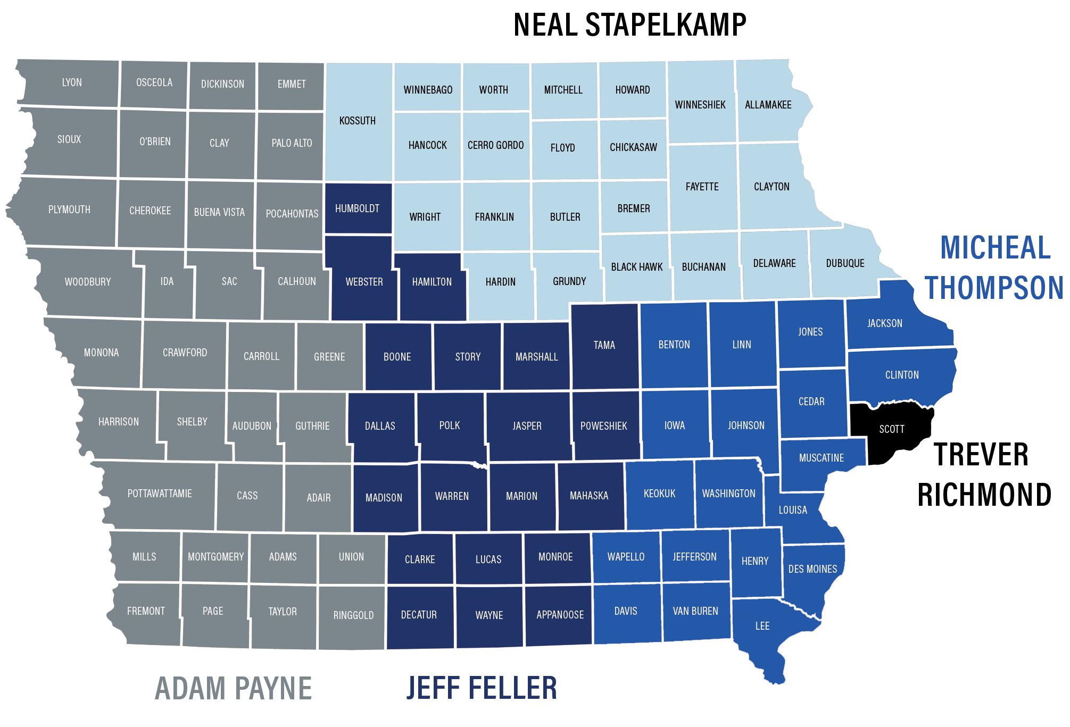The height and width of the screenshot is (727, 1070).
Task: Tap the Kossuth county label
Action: (x=358, y=121)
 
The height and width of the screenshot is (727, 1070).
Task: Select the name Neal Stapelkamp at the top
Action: (x=629, y=24)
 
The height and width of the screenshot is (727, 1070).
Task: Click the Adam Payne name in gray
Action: (x=233, y=688)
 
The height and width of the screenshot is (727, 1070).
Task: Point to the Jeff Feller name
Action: (x=482, y=687)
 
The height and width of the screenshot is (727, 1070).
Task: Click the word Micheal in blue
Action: (x=995, y=248)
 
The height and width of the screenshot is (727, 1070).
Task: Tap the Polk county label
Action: (x=450, y=425)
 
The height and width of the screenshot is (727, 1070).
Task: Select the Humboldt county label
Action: (x=357, y=208)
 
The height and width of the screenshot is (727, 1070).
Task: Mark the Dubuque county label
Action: (x=845, y=263)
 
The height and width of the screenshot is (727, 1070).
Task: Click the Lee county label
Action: (x=762, y=626)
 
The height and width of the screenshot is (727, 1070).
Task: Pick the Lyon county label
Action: (x=72, y=82)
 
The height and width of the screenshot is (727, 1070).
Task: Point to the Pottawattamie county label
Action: (x=160, y=494)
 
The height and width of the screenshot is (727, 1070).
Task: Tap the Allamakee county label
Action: (x=768, y=105)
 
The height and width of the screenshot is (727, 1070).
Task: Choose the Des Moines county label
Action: (x=812, y=569)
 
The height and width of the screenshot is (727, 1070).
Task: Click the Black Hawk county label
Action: (x=636, y=267)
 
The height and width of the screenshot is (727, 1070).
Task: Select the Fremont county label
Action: (x=146, y=611)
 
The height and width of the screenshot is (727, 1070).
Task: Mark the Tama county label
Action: (x=604, y=345)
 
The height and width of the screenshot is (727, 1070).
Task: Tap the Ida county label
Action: (x=167, y=281)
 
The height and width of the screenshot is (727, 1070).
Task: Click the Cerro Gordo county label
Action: (x=495, y=145)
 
